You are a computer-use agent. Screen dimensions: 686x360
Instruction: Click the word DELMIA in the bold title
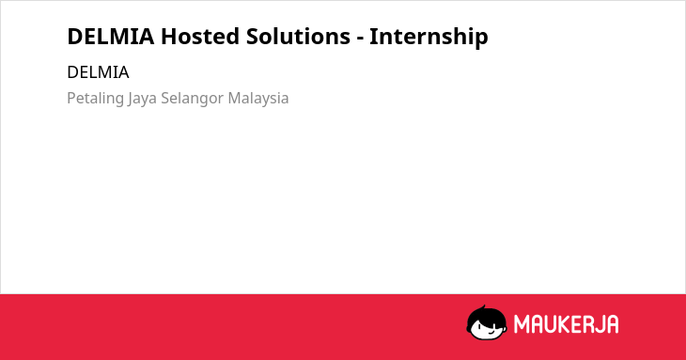pyautogui.click(x=111, y=37)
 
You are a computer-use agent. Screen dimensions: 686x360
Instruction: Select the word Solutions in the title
pyautogui.click(x=298, y=37)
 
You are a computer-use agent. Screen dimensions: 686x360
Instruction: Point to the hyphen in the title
pyautogui.click(x=360, y=39)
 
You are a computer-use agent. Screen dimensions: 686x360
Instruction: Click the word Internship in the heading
pyautogui.click(x=429, y=37)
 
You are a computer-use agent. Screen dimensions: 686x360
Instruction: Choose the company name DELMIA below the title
pyautogui.click(x=98, y=72)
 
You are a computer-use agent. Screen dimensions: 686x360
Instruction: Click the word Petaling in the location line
pyautogui.click(x=95, y=99)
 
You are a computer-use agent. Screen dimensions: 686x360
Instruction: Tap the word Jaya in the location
pyautogui.click(x=142, y=99)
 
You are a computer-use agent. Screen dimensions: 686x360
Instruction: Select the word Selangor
pyautogui.click(x=193, y=99)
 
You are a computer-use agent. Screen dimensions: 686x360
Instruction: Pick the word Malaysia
pyautogui.click(x=258, y=99)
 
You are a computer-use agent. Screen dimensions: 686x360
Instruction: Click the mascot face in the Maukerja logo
pyautogui.click(x=487, y=322)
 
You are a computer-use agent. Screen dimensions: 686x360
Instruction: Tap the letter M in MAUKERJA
pyautogui.click(x=522, y=324)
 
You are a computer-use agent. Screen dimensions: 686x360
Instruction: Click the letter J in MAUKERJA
pyautogui.click(x=599, y=324)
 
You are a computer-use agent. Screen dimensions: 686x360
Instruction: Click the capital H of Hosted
pyautogui.click(x=168, y=37)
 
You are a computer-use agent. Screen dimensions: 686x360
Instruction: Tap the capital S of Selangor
pyautogui.click(x=165, y=99)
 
